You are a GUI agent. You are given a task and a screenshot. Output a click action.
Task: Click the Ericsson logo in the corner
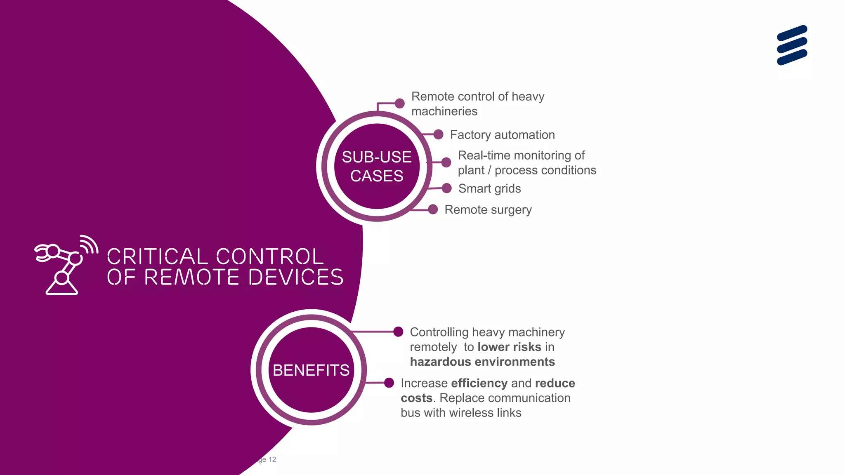(x=792, y=45)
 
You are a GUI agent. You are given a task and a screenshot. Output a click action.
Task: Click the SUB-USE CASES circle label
(x=377, y=166)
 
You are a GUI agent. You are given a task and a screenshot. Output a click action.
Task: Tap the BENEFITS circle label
(x=311, y=370)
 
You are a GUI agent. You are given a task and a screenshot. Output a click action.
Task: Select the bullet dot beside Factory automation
(x=438, y=134)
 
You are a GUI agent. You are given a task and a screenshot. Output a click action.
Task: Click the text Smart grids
(x=489, y=188)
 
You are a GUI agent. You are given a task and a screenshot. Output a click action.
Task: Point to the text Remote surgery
(x=488, y=209)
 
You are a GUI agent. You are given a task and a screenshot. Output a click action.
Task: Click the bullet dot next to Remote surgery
(x=433, y=209)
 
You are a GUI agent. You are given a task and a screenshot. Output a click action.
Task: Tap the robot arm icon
(x=62, y=268)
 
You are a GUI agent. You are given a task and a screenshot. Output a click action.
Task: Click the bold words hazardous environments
(x=482, y=362)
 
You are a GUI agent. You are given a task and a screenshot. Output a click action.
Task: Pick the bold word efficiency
(x=479, y=383)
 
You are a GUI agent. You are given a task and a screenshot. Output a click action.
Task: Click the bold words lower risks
(x=509, y=347)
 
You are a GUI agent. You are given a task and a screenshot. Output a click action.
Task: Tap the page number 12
(x=272, y=459)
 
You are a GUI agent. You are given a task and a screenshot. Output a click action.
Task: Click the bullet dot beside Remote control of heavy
(x=399, y=103)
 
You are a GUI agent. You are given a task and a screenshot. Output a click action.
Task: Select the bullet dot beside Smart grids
(x=446, y=188)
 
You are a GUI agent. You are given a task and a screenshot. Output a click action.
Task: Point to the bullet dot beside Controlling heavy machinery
(x=398, y=332)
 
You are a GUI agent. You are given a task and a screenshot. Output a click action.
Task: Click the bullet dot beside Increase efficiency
(x=389, y=383)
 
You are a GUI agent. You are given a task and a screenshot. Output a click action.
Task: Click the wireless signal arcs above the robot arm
(x=89, y=243)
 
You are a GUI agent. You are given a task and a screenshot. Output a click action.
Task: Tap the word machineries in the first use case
(x=444, y=111)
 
